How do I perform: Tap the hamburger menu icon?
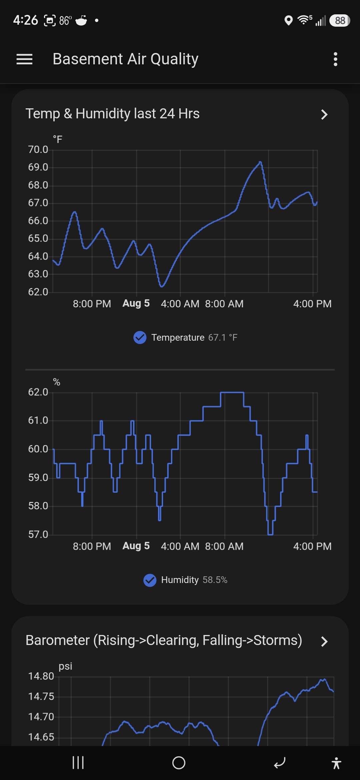pos(24,59)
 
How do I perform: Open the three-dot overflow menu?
pos(335,59)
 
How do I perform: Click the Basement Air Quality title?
pos(125,59)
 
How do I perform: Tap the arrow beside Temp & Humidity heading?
pos(324,114)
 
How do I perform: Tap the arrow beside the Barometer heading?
pos(324,641)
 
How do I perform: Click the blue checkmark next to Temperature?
pos(140,337)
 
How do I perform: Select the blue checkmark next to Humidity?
pos(150,580)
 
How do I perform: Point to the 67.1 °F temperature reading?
pos(223,337)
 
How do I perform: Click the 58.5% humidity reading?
pos(215,580)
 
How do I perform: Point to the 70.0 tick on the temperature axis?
pos(38,149)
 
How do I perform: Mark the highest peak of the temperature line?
pos(260,162)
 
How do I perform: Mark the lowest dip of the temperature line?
pos(162,286)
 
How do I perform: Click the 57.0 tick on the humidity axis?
pos(38,534)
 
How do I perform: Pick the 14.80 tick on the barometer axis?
pos(41,676)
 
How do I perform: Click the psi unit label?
pos(65,666)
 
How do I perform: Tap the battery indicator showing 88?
pos(340,21)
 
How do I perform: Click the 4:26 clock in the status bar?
pos(26,20)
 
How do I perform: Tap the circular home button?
pos(179,763)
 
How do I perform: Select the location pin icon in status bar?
pos(289,21)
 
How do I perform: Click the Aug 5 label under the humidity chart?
pos(136,546)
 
